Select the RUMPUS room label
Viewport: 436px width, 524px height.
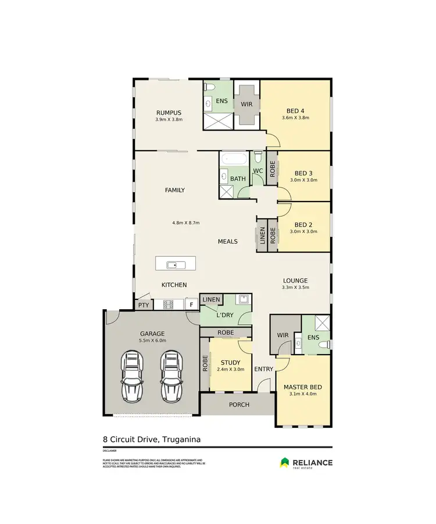tap(169, 112)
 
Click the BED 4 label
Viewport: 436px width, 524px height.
tap(295, 111)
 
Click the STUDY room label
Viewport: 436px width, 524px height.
tap(230, 363)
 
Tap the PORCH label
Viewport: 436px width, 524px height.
tap(238, 404)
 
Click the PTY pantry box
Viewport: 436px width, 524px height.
tap(143, 305)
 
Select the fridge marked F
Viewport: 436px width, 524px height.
tap(191, 305)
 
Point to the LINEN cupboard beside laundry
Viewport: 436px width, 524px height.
tap(211, 299)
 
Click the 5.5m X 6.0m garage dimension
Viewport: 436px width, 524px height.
tap(153, 341)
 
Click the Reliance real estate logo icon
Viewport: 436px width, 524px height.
tap(284, 462)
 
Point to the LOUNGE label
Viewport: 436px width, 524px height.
tap(295, 280)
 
